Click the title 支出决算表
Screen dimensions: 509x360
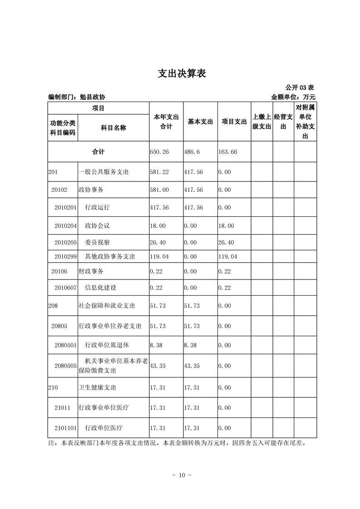(182, 73)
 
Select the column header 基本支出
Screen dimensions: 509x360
(200, 122)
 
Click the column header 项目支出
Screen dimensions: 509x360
(234, 122)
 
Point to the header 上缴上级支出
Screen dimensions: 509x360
(261, 122)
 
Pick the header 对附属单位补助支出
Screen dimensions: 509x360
(305, 122)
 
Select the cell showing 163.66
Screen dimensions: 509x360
(227, 152)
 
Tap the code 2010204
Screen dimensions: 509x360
(66, 225)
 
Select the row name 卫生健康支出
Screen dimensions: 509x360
(98, 388)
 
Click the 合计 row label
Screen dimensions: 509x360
(99, 152)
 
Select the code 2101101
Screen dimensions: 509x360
(66, 428)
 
